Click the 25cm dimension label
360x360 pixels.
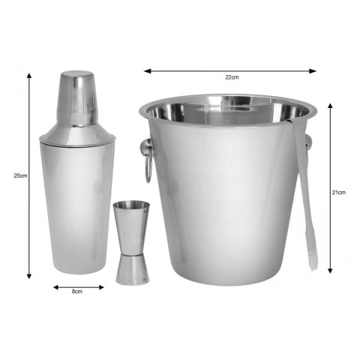pos(20,175)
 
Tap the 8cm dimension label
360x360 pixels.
pos(77,291)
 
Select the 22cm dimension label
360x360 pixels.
pos(232,77)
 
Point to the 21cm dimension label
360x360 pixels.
pos(339,192)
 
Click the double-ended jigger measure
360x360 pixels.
pos(131,242)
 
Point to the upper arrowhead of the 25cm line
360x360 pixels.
pos(29,76)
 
